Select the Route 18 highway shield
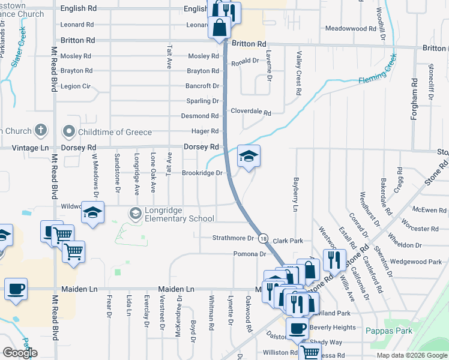[x=263, y=239]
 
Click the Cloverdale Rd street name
[x=252, y=112]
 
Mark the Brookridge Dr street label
[x=202, y=173]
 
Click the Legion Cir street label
[x=75, y=86]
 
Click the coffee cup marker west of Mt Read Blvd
[x=16, y=289]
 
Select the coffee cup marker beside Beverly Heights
[x=297, y=328]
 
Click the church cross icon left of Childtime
[x=40, y=130]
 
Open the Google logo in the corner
[x=20, y=353]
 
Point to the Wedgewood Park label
[x=415, y=262]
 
